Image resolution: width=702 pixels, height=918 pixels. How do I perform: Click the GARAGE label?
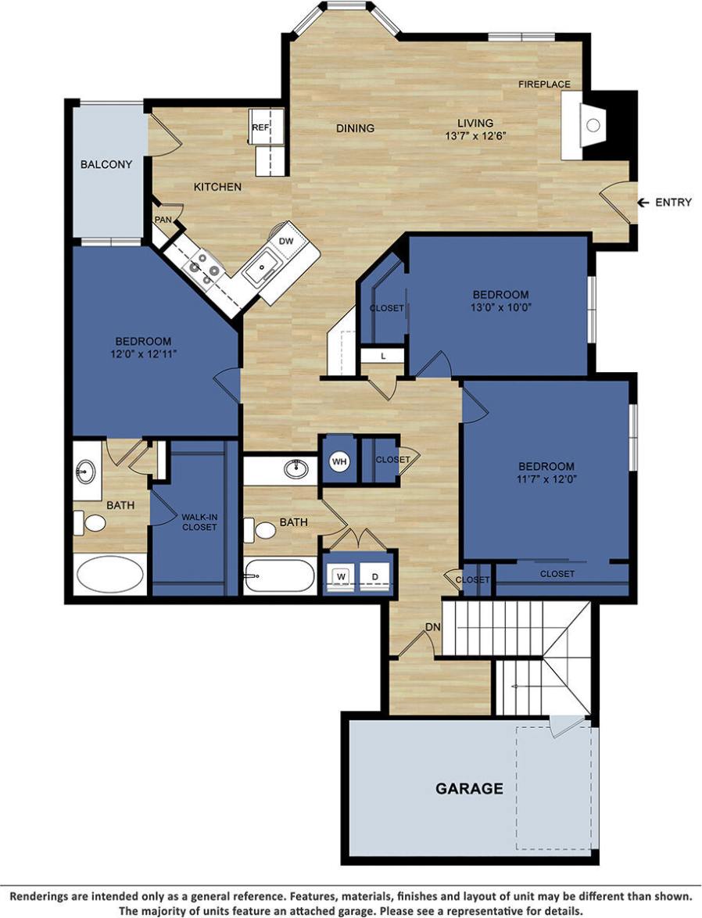pos(469,788)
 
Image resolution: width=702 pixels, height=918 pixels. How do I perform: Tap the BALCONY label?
pos(106,164)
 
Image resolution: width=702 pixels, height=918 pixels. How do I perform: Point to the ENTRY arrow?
pos(643,203)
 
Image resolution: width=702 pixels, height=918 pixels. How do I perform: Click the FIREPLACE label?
pos(544,84)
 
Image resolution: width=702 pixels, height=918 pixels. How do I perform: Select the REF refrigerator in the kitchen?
pos(260,127)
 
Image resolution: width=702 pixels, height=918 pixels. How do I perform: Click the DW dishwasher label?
pos(286,241)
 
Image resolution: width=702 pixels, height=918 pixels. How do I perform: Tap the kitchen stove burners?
pos(202,267)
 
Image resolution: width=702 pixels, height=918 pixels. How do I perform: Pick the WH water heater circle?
pos(339,461)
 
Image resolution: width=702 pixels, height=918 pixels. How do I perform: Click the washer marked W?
pos(342,577)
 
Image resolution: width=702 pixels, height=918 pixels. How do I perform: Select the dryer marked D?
pos(375,577)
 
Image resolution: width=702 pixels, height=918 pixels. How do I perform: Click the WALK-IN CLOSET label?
pos(199,522)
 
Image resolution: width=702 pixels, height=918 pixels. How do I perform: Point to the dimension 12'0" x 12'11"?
pos(143,353)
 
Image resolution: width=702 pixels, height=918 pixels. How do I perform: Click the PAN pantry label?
pos(163,220)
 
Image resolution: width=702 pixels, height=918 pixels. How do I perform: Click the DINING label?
pos(356,128)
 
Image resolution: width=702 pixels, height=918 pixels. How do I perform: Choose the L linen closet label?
pos(382,356)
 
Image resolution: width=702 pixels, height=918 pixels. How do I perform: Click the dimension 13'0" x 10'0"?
pos(500,307)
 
